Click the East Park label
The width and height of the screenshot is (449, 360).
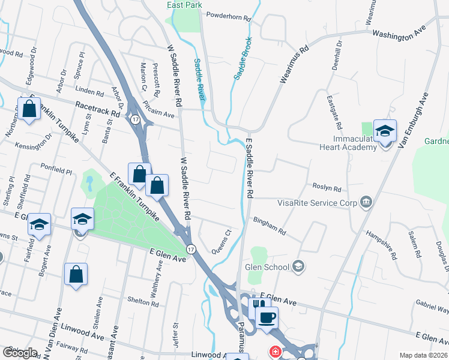[184, 5]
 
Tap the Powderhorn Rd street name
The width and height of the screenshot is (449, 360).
[228, 16]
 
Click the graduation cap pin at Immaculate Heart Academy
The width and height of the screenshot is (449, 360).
[385, 131]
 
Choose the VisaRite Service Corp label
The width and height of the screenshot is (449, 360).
[317, 203]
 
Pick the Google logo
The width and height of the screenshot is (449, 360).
[20, 353]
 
